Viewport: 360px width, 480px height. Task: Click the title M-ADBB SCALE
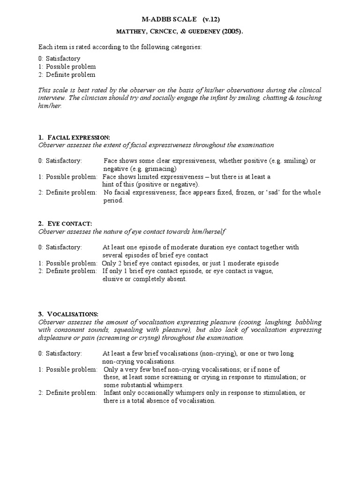(x=169, y=20)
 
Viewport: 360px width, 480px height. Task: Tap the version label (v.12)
(x=211, y=20)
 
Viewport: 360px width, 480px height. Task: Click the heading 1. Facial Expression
(x=74, y=137)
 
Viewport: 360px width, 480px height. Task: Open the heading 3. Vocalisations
(x=75, y=314)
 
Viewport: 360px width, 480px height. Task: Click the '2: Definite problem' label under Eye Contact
(x=67, y=271)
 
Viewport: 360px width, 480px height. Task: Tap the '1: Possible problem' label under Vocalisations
(x=67, y=369)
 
